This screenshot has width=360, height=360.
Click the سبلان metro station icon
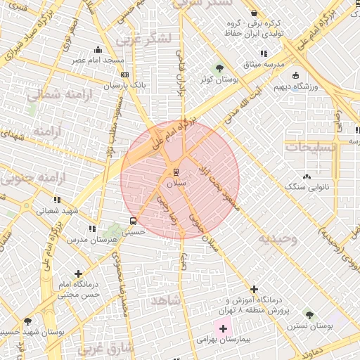click(x=176, y=171)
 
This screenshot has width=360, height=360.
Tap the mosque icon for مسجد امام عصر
click(x=98, y=49)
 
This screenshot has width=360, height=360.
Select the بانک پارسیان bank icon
click(x=124, y=74)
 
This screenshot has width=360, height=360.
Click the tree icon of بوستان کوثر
click(x=220, y=69)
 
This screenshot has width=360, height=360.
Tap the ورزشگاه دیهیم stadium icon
click(x=295, y=75)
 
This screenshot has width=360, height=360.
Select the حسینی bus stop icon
click(x=124, y=220)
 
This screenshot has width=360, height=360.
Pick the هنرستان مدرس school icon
click(x=92, y=229)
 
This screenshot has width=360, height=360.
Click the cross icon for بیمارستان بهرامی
click(x=224, y=328)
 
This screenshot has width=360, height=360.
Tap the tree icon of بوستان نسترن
click(x=309, y=315)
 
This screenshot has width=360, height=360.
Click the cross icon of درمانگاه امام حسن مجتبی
click(x=77, y=274)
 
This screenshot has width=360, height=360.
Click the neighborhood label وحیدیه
click(x=277, y=239)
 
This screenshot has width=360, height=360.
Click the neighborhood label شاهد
click(x=166, y=300)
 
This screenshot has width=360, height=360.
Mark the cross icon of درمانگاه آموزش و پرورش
click(x=254, y=289)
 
